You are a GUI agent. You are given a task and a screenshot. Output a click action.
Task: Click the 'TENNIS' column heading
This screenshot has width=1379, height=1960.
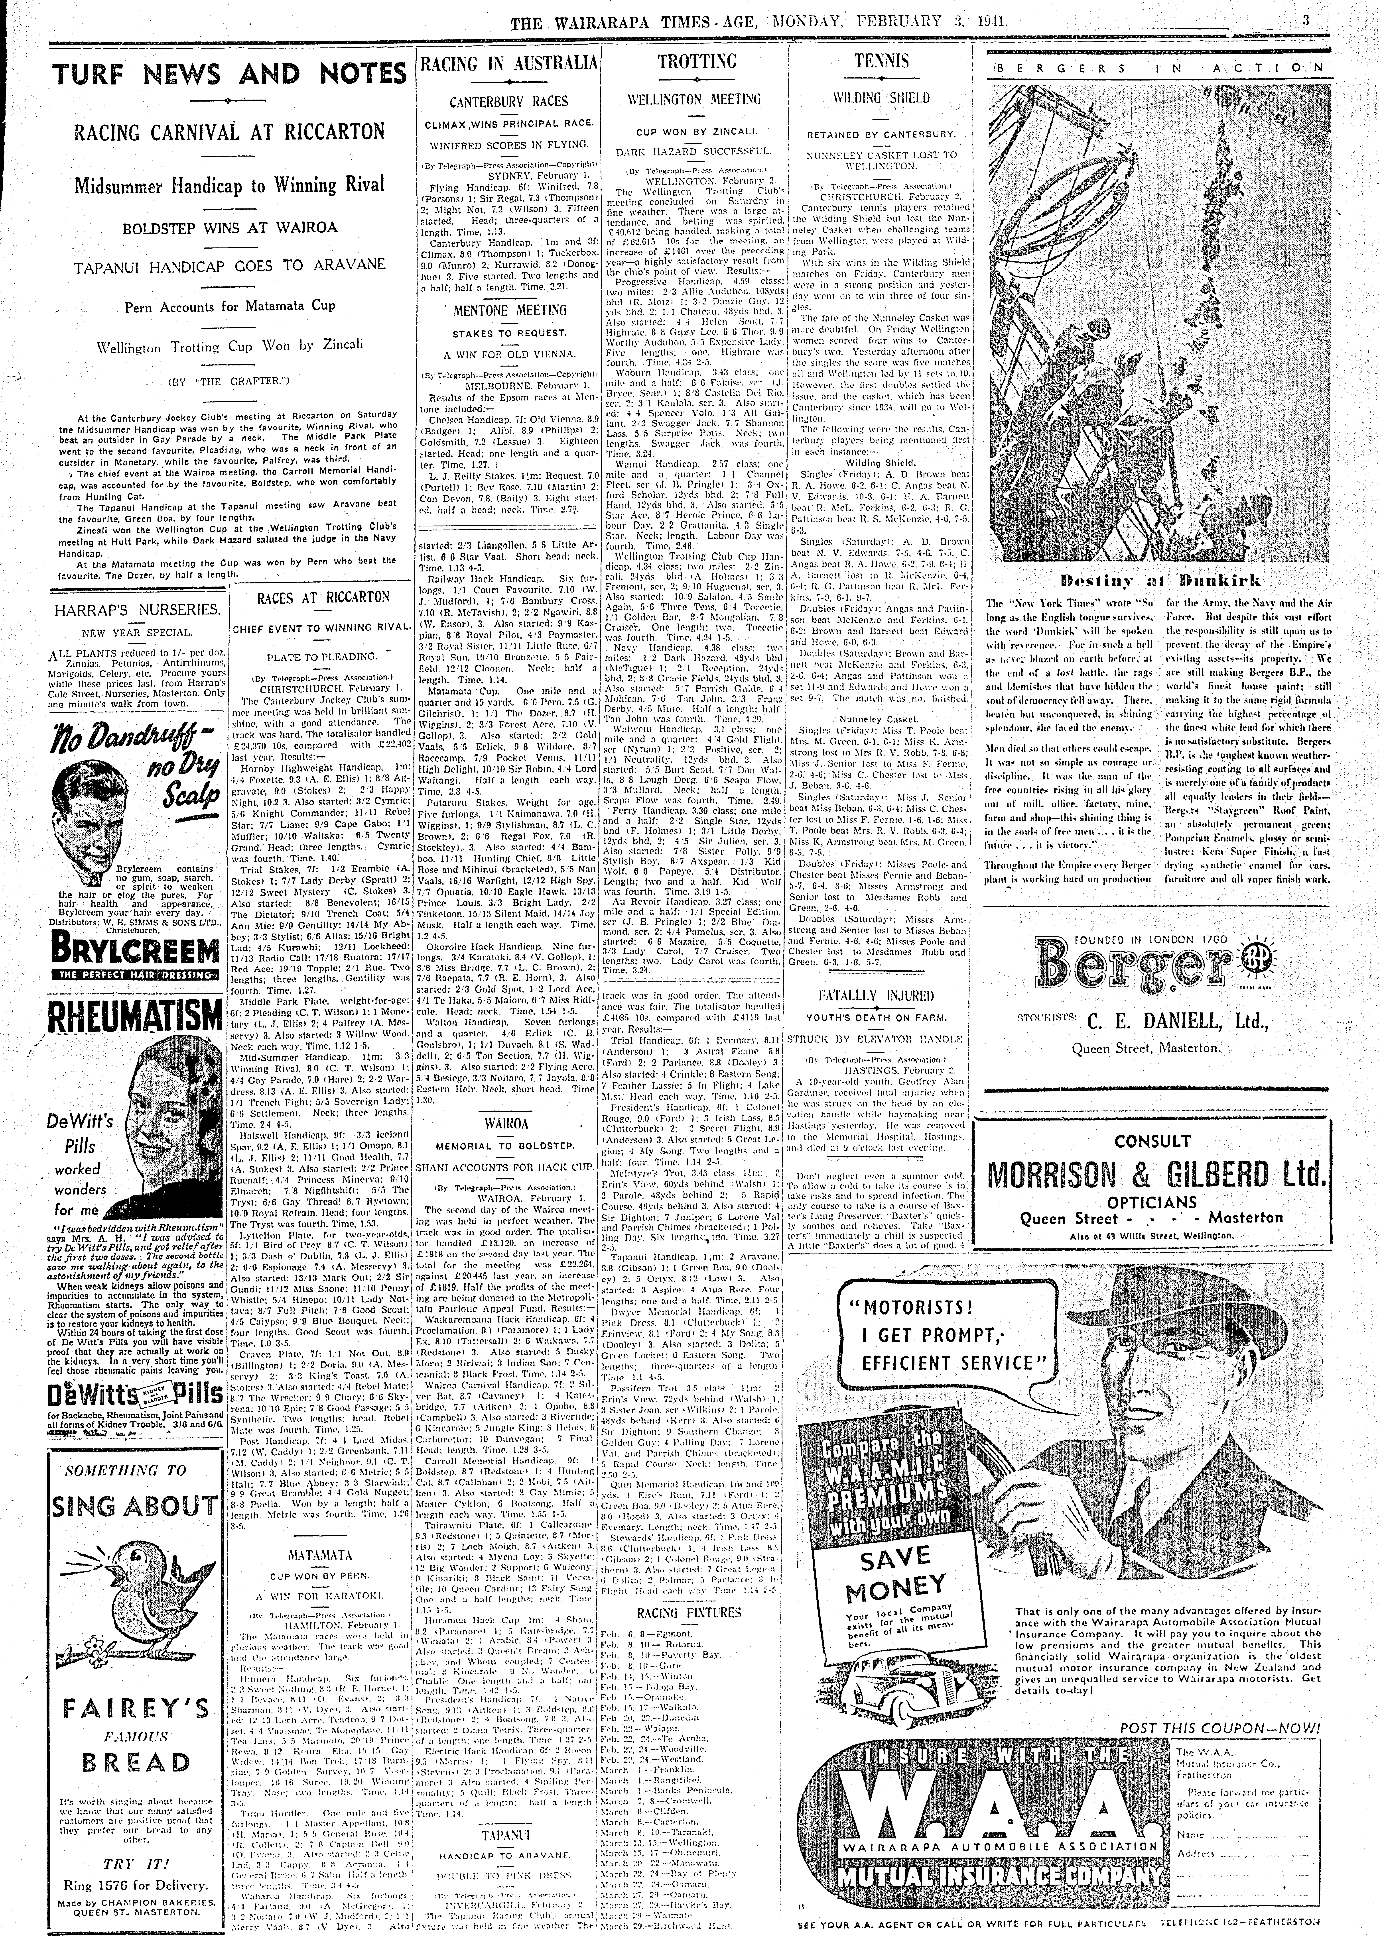(881, 61)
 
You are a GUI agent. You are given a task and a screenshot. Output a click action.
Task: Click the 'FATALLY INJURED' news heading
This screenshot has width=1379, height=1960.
(876, 995)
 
